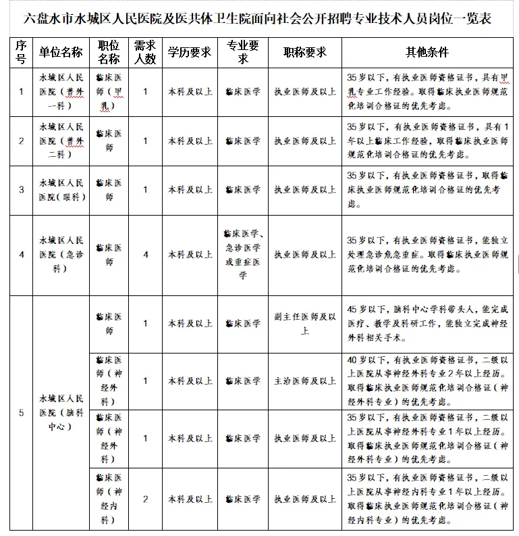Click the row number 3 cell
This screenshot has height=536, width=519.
(x=22, y=190)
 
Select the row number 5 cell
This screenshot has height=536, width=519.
(x=22, y=412)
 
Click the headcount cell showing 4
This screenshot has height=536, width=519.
(x=145, y=255)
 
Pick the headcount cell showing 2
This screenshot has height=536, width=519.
(x=145, y=499)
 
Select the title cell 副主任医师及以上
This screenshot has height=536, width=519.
(x=304, y=324)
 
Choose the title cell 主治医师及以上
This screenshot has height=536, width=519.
(x=304, y=381)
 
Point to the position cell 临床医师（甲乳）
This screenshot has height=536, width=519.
(x=109, y=92)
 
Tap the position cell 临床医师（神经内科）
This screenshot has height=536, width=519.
(x=109, y=499)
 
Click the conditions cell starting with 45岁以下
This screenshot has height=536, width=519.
(x=427, y=324)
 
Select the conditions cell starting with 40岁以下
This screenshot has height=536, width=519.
(x=427, y=381)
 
